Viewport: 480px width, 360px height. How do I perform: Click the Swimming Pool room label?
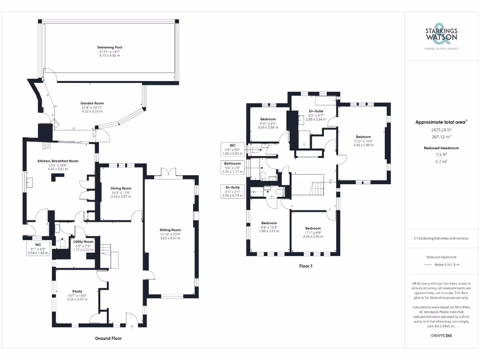[109, 47]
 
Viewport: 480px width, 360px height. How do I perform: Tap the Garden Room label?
[92, 103]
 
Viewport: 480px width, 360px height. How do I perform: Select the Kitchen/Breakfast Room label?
[58, 161]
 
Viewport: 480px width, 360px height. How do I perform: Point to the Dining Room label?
[121, 188]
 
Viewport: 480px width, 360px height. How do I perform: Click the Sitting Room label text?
[170, 230]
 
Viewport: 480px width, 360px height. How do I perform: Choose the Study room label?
[77, 291]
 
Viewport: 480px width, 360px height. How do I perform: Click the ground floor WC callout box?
[38, 248]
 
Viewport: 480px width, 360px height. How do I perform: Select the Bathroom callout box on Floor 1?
[232, 167]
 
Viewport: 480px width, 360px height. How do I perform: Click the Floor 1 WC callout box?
[232, 149]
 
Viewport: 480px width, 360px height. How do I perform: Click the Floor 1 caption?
[306, 266]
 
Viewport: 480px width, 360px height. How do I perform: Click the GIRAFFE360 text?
[441, 336]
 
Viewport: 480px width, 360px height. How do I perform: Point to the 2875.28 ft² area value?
[441, 131]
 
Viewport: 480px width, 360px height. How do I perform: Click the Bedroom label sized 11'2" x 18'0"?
[363, 137]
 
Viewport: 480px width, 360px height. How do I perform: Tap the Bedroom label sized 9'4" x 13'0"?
[269, 223]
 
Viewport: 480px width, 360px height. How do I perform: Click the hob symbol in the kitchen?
[47, 145]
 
